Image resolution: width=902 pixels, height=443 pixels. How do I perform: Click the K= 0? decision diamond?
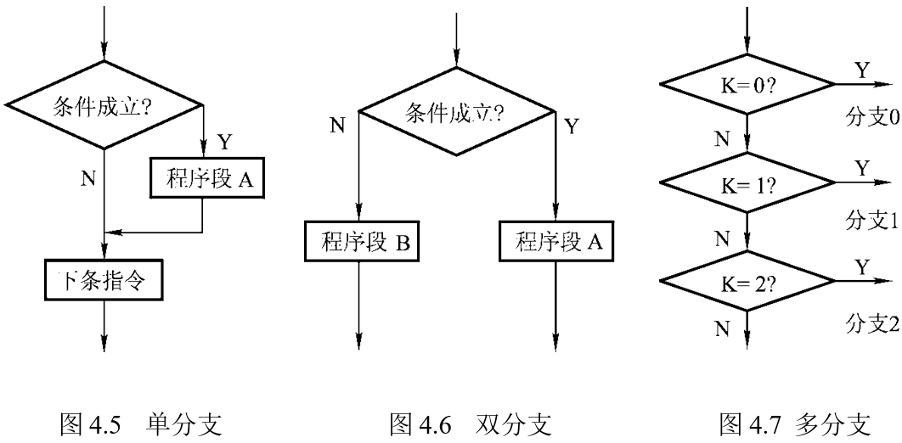point(747,85)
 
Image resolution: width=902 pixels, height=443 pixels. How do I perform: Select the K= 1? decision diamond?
point(747,183)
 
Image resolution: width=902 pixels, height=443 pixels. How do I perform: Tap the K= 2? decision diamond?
point(747,281)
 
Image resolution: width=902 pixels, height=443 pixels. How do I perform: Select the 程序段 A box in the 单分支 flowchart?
point(201,180)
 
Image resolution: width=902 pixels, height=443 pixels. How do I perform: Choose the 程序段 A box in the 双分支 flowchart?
point(555,243)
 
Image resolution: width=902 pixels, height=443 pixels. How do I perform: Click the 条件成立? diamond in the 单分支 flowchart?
point(104,105)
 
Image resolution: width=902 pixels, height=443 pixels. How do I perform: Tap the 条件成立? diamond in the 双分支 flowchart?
point(456,111)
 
